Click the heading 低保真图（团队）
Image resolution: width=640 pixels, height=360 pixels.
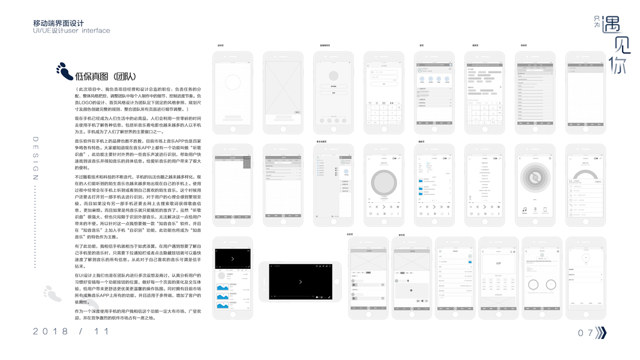[106, 76]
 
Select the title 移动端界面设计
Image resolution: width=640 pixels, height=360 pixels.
[58, 23]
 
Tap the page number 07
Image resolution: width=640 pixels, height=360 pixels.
[585, 333]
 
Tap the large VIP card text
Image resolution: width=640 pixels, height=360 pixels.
[498, 263]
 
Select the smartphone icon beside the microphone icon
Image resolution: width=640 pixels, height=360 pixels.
[545, 210]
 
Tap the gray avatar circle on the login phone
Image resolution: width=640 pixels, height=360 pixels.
[333, 76]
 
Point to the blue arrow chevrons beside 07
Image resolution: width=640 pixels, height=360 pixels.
[600, 333]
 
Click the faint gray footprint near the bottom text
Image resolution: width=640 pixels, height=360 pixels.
[52, 293]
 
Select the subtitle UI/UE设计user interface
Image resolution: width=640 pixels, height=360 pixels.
[71, 31]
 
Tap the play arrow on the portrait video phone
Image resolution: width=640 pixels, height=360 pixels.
[233, 259]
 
